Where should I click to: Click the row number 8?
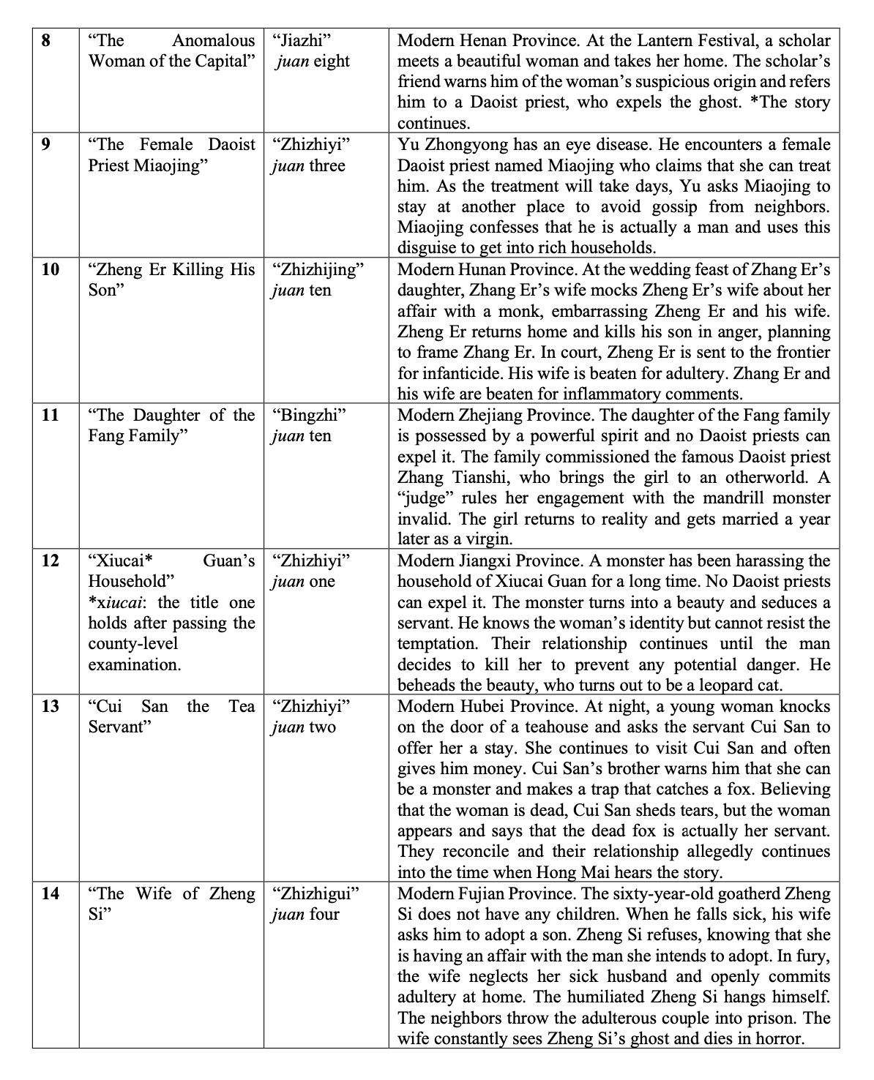46,40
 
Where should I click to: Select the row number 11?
50,416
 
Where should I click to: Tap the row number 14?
50,893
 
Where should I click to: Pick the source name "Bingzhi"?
308,416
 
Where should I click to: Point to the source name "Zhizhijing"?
317,270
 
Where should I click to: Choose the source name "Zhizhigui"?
315,893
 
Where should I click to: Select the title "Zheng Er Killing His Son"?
171,280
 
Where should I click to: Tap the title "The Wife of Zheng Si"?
171,904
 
